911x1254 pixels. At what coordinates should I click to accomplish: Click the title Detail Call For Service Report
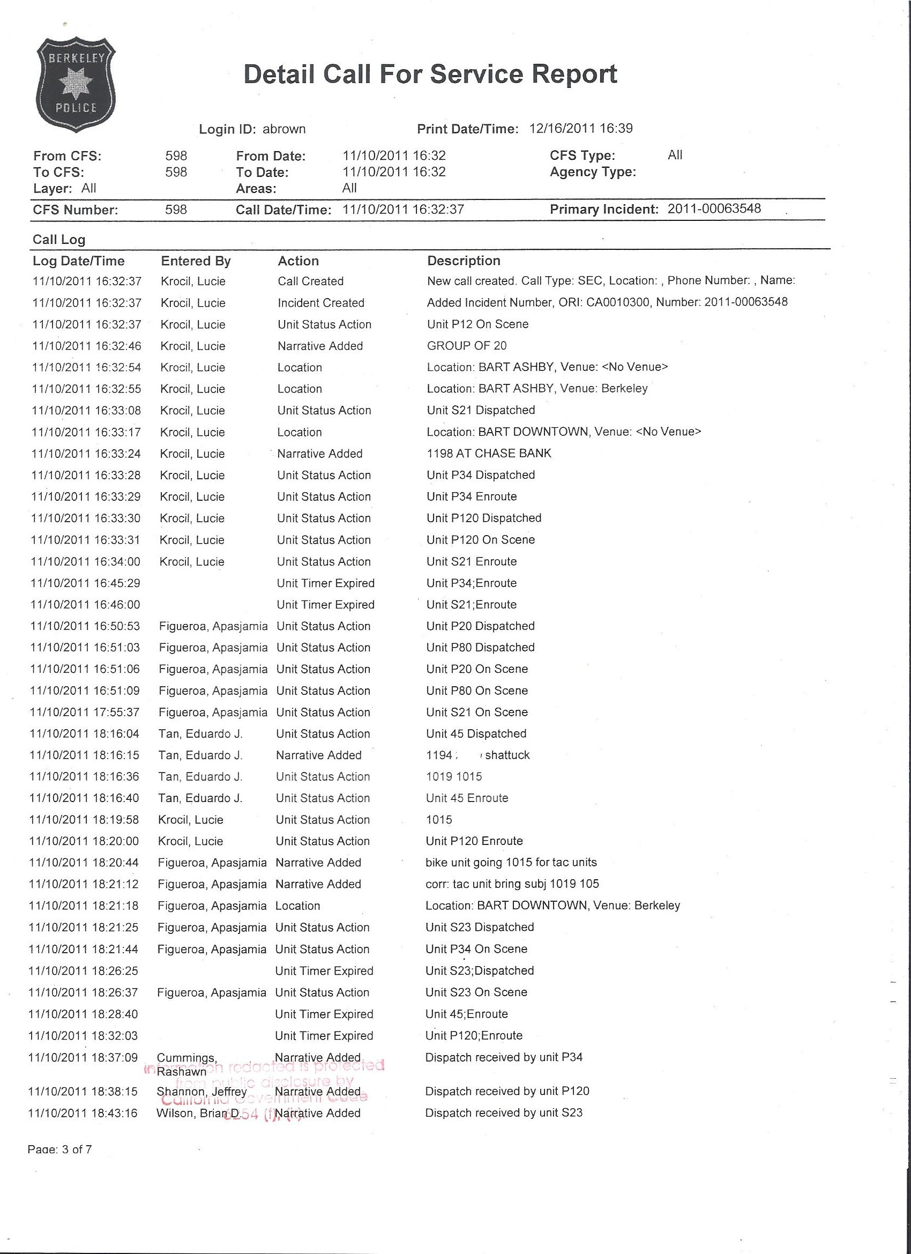pyautogui.click(x=430, y=75)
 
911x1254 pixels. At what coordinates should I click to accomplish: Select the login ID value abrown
pyautogui.click(x=284, y=129)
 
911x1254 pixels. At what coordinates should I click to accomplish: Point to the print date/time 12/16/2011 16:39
pyautogui.click(x=581, y=129)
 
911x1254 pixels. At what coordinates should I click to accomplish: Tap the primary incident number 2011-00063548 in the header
pyautogui.click(x=714, y=209)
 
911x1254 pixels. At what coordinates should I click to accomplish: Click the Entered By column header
pyautogui.click(x=196, y=261)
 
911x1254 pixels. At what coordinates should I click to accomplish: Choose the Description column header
pyautogui.click(x=464, y=261)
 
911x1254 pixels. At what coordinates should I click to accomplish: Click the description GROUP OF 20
pyautogui.click(x=467, y=346)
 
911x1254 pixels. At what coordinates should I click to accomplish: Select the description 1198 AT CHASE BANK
pyautogui.click(x=489, y=454)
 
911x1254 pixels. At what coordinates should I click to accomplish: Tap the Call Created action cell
pyautogui.click(x=311, y=281)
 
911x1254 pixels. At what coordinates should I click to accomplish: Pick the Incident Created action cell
pyautogui.click(x=320, y=303)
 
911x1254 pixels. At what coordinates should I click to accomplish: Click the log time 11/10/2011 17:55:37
pyautogui.click(x=85, y=713)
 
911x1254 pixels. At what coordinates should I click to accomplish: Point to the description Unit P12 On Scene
pyautogui.click(x=477, y=324)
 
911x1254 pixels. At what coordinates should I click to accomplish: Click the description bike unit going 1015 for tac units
pyautogui.click(x=511, y=863)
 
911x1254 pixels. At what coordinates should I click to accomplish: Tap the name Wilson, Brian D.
pyautogui.click(x=197, y=1114)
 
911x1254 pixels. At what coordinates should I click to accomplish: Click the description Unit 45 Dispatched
pyautogui.click(x=476, y=734)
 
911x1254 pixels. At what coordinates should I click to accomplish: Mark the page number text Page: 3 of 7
pyautogui.click(x=59, y=1150)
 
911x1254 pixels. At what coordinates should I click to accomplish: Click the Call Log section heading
pyautogui.click(x=58, y=240)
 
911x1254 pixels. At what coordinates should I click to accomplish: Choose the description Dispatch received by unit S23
pyautogui.click(x=504, y=1113)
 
